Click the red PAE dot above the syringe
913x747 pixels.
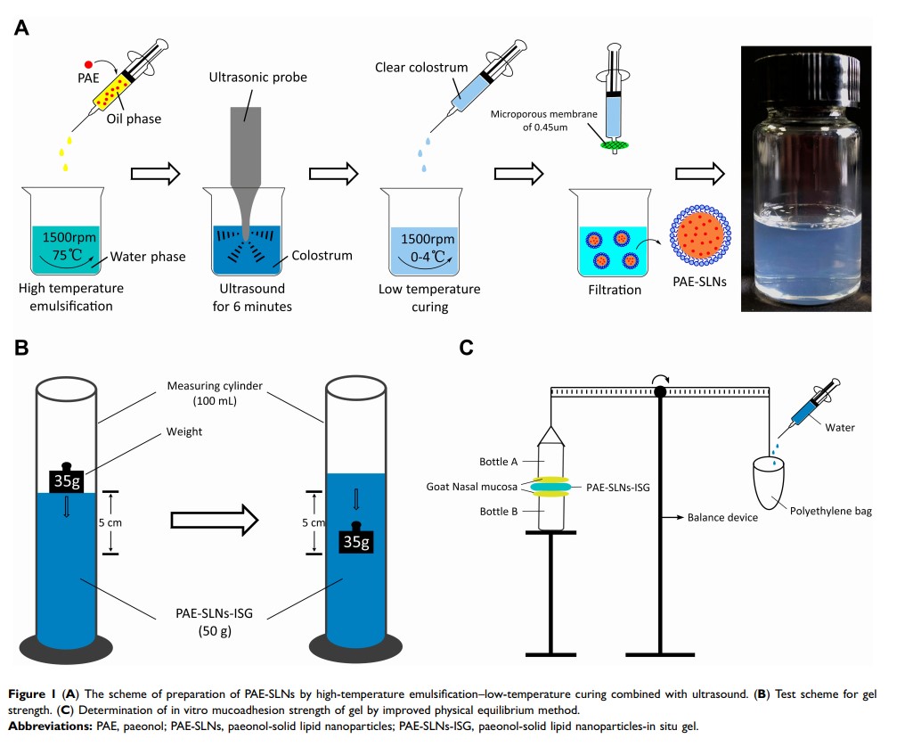[88, 64]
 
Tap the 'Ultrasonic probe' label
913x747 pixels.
[258, 78]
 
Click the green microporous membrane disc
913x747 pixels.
[613, 144]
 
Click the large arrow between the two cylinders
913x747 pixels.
[214, 518]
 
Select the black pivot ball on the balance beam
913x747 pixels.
[660, 391]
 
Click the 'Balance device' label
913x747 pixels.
[722, 517]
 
